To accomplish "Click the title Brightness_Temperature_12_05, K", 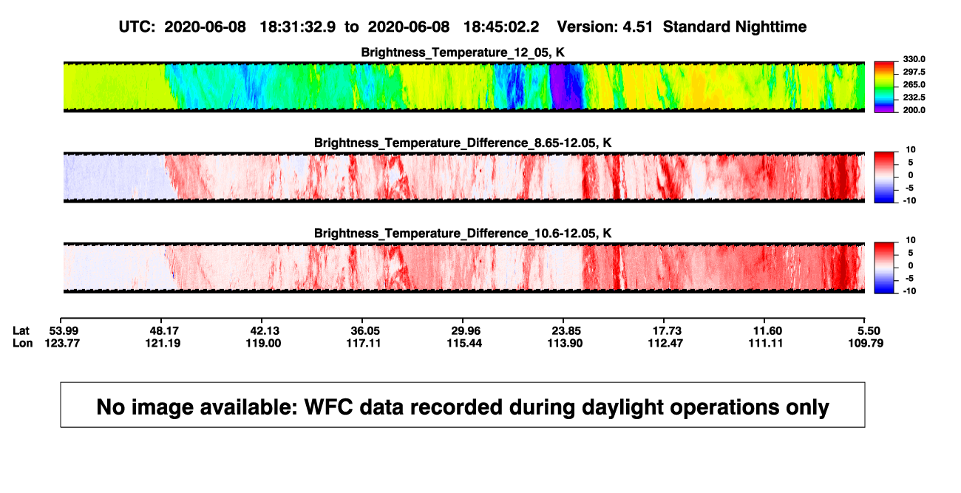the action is click(x=463, y=52).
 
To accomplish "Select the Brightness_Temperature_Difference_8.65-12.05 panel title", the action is click(x=463, y=143).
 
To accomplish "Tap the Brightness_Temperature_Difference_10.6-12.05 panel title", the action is click(x=463, y=234).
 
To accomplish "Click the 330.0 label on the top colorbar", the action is click(x=914, y=59).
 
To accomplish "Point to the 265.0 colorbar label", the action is click(x=914, y=84).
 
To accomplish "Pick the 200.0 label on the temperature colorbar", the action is click(x=914, y=110).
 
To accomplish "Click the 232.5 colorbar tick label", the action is click(x=914, y=98).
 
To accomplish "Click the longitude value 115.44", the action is click(x=464, y=343).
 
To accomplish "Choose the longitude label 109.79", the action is click(x=866, y=343).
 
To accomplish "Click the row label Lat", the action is click(x=21, y=331).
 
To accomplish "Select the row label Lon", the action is click(x=23, y=343).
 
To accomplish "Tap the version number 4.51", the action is click(x=638, y=27).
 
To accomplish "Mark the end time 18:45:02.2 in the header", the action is click(x=501, y=27).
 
